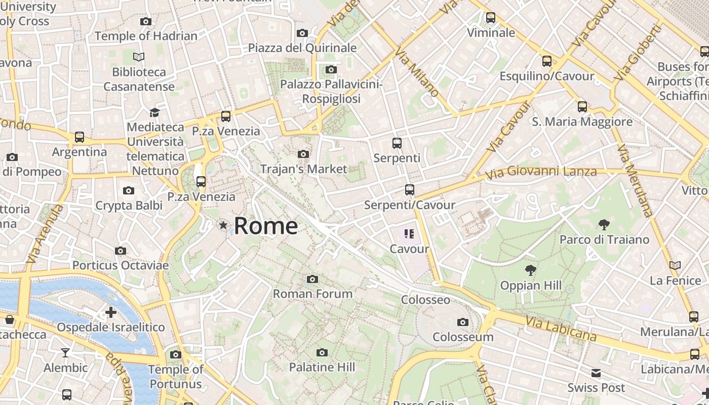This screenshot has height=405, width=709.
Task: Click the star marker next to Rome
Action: (x=223, y=225)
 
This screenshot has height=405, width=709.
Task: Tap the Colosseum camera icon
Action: (x=462, y=322)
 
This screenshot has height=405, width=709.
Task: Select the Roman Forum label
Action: (x=312, y=294)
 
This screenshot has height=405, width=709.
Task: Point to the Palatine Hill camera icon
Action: (x=322, y=352)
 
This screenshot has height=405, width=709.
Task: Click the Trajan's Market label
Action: (x=303, y=169)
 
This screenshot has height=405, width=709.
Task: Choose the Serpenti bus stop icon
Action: (x=397, y=143)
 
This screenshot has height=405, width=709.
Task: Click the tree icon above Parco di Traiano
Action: (x=604, y=224)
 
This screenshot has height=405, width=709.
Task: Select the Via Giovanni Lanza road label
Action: (x=541, y=172)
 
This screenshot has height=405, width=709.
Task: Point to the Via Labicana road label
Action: (x=561, y=329)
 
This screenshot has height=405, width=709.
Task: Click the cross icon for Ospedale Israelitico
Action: (x=111, y=312)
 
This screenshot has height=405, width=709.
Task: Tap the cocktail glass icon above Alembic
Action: (x=65, y=352)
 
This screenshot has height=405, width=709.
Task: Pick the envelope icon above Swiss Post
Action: (x=596, y=373)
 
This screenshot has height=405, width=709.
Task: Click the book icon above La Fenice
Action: (x=675, y=265)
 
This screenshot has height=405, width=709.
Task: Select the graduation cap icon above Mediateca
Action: (x=154, y=112)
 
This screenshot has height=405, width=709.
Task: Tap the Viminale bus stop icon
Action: (x=490, y=18)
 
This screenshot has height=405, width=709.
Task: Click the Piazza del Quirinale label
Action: (x=302, y=48)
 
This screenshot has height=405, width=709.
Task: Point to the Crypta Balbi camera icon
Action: (x=129, y=190)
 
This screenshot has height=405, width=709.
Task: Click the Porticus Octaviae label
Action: (x=121, y=265)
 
